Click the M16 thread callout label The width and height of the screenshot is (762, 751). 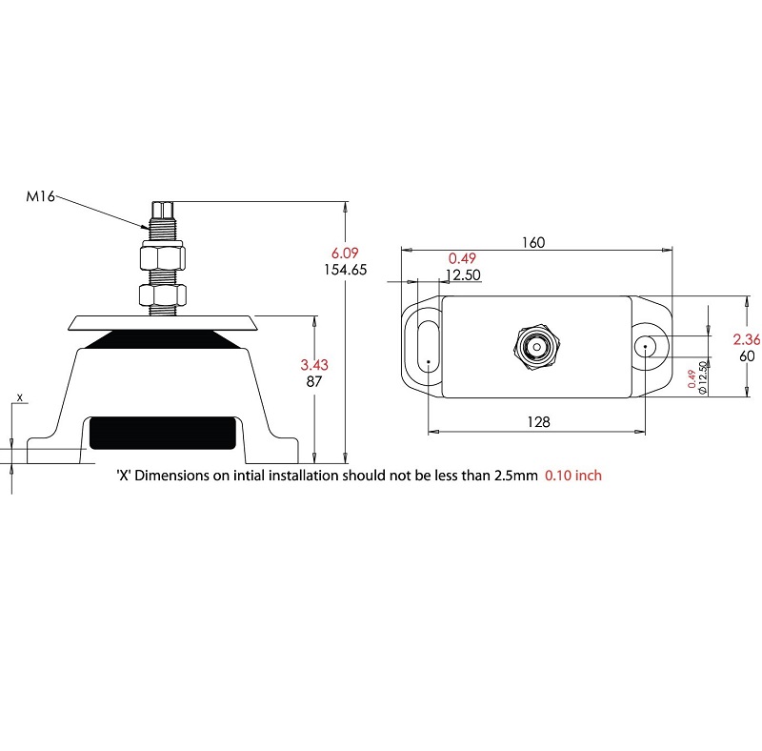pos(40,196)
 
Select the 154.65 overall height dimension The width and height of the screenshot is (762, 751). pos(346,270)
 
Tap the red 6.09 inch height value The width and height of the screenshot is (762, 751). pos(345,253)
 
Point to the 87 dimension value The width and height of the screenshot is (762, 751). pos(314,381)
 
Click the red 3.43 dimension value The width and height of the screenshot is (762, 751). pos(314,365)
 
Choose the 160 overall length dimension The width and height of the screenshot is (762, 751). pos(533,242)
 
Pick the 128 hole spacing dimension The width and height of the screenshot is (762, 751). pos(538,421)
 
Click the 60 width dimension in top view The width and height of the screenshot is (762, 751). pos(747,356)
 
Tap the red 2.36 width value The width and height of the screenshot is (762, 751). pos(747,339)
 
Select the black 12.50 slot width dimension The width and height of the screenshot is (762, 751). pos(463,274)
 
